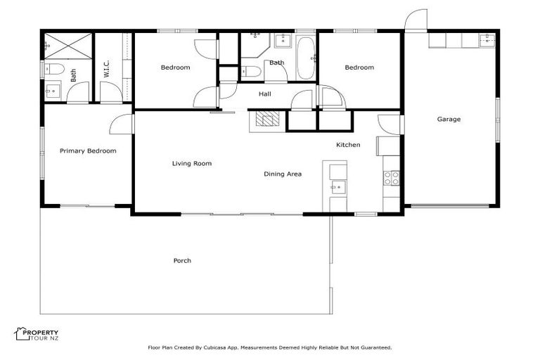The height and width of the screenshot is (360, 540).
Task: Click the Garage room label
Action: coord(449,120)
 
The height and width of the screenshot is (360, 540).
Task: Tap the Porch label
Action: coord(182,261)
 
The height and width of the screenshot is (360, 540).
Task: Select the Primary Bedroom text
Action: coord(88,150)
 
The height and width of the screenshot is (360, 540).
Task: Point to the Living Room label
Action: coord(192,164)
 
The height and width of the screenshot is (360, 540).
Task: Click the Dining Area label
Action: coord(283,174)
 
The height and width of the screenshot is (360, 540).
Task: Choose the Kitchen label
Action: coord(348,145)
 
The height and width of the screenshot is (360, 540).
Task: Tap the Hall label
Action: coord(264,94)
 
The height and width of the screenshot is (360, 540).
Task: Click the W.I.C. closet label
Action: coord(107,69)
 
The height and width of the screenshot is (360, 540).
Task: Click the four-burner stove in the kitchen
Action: coord(392,178)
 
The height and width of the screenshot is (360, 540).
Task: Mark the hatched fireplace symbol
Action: coord(267,119)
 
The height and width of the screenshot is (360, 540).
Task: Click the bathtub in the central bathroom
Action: coord(306,57)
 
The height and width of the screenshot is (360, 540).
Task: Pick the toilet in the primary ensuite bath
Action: coord(53,69)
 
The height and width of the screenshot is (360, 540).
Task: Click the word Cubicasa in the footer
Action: coord(221,347)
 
